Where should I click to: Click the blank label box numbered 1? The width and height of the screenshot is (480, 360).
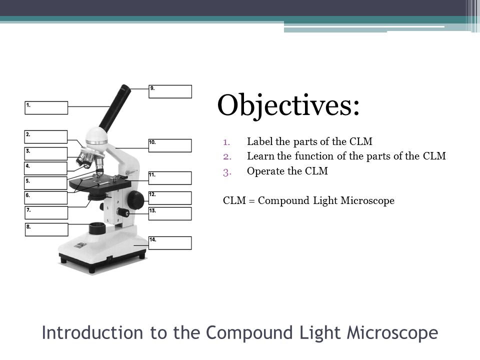pyautogui.click(x=46, y=108)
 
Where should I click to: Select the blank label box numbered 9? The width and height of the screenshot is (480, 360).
pyautogui.click(x=170, y=91)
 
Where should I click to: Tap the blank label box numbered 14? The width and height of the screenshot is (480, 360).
pyautogui.click(x=170, y=243)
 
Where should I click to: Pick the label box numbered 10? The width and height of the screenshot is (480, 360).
pyautogui.click(x=170, y=145)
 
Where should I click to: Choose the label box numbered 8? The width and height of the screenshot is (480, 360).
pyautogui.click(x=46, y=229)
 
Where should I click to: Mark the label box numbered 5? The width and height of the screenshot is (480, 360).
pyautogui.click(x=45, y=183)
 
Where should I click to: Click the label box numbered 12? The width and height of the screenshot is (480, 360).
pyautogui.click(x=170, y=198)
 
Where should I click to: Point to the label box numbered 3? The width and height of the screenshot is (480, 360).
pyautogui.click(x=45, y=153)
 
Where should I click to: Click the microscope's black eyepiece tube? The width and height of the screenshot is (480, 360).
pyautogui.click(x=115, y=108)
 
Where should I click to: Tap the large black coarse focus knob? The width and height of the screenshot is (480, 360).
pyautogui.click(x=135, y=199)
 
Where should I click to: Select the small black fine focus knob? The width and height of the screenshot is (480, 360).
pyautogui.click(x=123, y=212)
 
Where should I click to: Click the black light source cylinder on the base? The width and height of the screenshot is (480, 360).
pyautogui.click(x=97, y=228)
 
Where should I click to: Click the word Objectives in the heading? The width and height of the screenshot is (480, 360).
pyautogui.click(x=288, y=105)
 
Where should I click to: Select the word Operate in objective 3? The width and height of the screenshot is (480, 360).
pyautogui.click(x=265, y=171)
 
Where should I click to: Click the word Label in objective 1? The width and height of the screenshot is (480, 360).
pyautogui.click(x=260, y=141)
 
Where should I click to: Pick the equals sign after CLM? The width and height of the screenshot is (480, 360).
pyautogui.click(x=252, y=201)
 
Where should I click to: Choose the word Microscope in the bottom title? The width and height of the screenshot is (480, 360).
pyautogui.click(x=392, y=333)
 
